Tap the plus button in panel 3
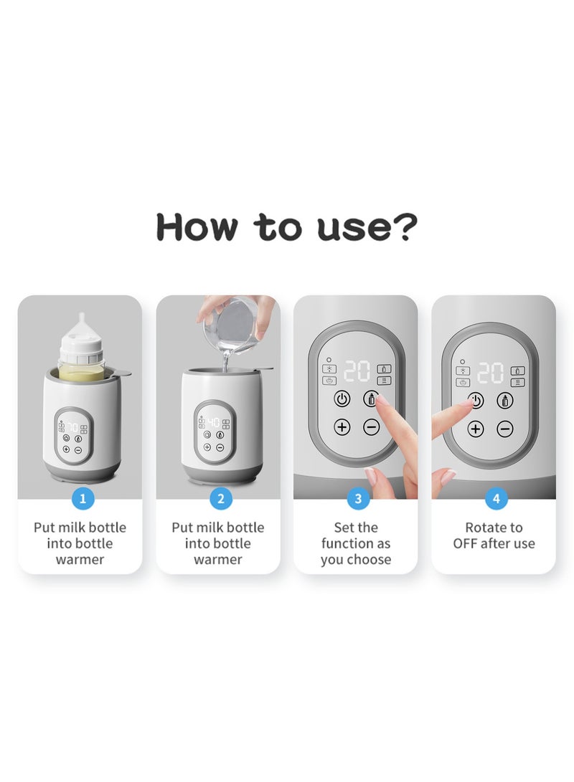tap(342, 427)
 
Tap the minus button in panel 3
tap(371, 427)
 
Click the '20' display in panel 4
tap(490, 373)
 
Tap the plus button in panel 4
tap(476, 429)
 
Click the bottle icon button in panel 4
tap(504, 401)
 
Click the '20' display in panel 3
tap(357, 371)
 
